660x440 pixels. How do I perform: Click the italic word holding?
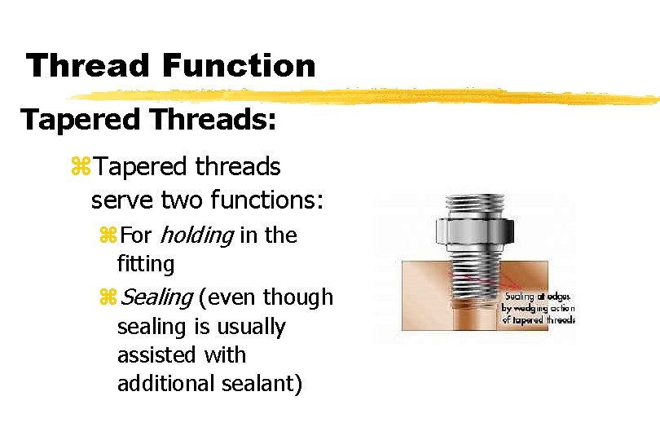click(x=196, y=235)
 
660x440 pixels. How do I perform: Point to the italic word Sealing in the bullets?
click(x=156, y=297)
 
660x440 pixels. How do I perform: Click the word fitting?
click(x=146, y=264)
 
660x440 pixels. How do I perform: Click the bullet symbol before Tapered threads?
click(x=81, y=168)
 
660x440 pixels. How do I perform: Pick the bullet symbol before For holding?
click(x=108, y=236)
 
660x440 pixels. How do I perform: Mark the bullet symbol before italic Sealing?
click(x=108, y=298)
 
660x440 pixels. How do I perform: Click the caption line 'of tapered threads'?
click(x=539, y=319)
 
